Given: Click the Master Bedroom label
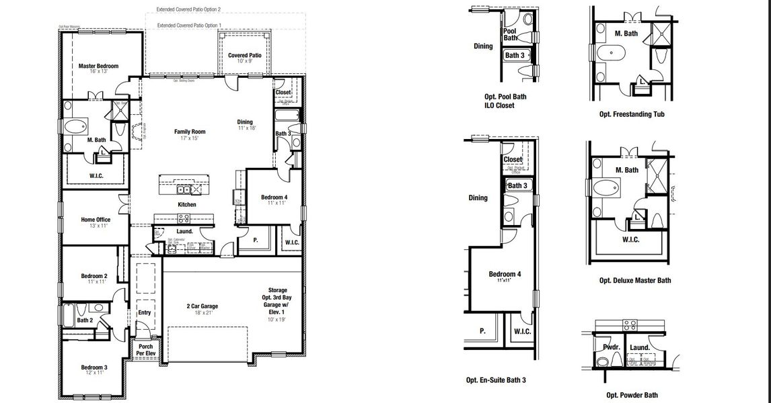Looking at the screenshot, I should [x=98, y=66].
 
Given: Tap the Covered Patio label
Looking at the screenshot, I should [x=244, y=56].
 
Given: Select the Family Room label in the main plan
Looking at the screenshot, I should [x=190, y=132].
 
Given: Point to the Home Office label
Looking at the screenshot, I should [x=96, y=220].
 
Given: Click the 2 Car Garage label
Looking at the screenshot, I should [x=202, y=306].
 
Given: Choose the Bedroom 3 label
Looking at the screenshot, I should [x=94, y=367].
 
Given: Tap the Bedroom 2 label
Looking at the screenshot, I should [x=94, y=276].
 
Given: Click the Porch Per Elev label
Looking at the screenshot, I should [x=145, y=350].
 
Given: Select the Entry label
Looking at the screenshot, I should [x=145, y=313].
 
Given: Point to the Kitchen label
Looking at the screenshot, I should [x=186, y=204].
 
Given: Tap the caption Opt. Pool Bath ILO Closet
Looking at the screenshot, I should [x=505, y=101].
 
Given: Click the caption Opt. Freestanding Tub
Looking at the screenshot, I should [x=632, y=114].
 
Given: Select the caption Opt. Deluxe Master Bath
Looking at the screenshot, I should [x=634, y=280].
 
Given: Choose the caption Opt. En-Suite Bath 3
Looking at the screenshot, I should [x=496, y=379].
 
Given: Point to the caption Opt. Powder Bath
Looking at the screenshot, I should [x=632, y=395].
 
